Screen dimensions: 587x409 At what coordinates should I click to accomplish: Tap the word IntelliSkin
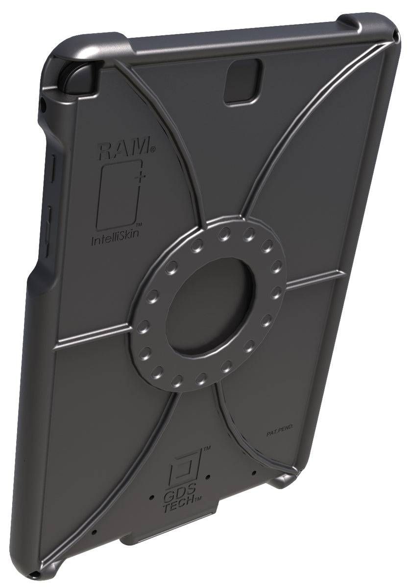[x=116, y=239]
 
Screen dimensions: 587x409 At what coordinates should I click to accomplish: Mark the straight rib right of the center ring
[x=313, y=279]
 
